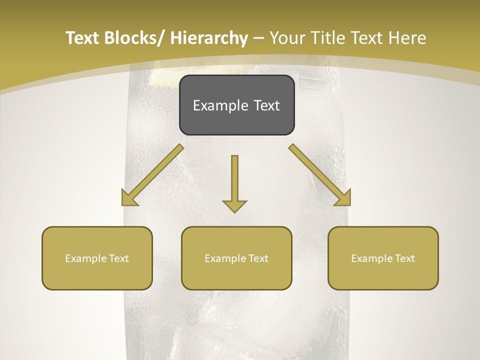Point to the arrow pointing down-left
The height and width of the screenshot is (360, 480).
[152, 175]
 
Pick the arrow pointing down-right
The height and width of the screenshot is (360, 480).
[320, 175]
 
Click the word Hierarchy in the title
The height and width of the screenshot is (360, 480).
[209, 38]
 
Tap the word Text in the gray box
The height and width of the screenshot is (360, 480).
[266, 105]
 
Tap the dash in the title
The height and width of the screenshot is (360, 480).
[258, 38]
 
